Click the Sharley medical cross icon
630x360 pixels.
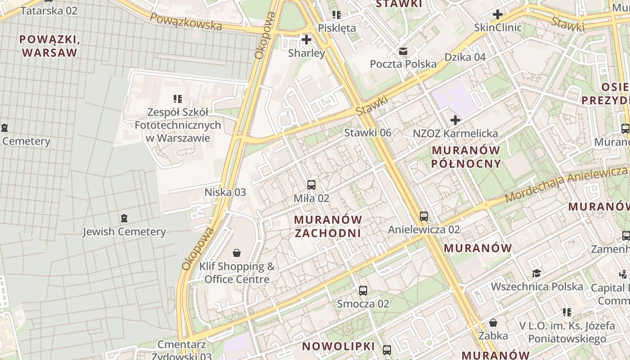[x=306, y=40]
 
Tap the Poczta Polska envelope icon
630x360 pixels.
[x=403, y=51]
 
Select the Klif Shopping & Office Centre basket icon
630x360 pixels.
[x=237, y=253]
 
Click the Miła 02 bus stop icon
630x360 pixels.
[x=311, y=184]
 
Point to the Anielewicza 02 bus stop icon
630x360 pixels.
[x=424, y=216]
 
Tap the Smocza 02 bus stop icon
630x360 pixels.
[x=363, y=290]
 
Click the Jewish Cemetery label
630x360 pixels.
[x=124, y=232]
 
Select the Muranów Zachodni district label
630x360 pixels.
[x=328, y=226]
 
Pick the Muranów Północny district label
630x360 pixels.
[x=466, y=157]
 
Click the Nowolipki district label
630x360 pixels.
[x=338, y=346]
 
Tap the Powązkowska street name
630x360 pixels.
[x=186, y=21]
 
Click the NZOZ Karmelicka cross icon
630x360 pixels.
[x=455, y=120]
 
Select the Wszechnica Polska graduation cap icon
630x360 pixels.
[x=536, y=274]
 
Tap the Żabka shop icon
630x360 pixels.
[x=493, y=323]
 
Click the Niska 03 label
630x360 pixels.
[x=225, y=192]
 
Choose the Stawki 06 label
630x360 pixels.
[x=368, y=133]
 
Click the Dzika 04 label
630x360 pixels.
[x=465, y=57]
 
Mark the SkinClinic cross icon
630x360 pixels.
[x=498, y=14]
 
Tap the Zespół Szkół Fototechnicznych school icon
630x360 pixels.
[x=178, y=99]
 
